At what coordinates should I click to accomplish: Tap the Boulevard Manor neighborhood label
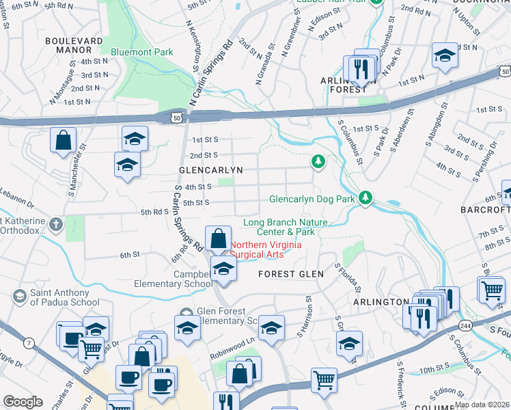78,45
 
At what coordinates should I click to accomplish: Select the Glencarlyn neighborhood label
202,169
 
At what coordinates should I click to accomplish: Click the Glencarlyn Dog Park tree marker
367,198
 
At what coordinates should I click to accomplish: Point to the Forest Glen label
286,274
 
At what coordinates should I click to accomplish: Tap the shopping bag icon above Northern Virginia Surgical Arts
218,240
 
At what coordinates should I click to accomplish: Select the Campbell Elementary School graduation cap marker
223,268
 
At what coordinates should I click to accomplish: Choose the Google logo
23,402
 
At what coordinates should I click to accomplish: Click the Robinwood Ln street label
233,338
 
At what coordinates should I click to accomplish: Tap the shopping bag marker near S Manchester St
63,140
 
